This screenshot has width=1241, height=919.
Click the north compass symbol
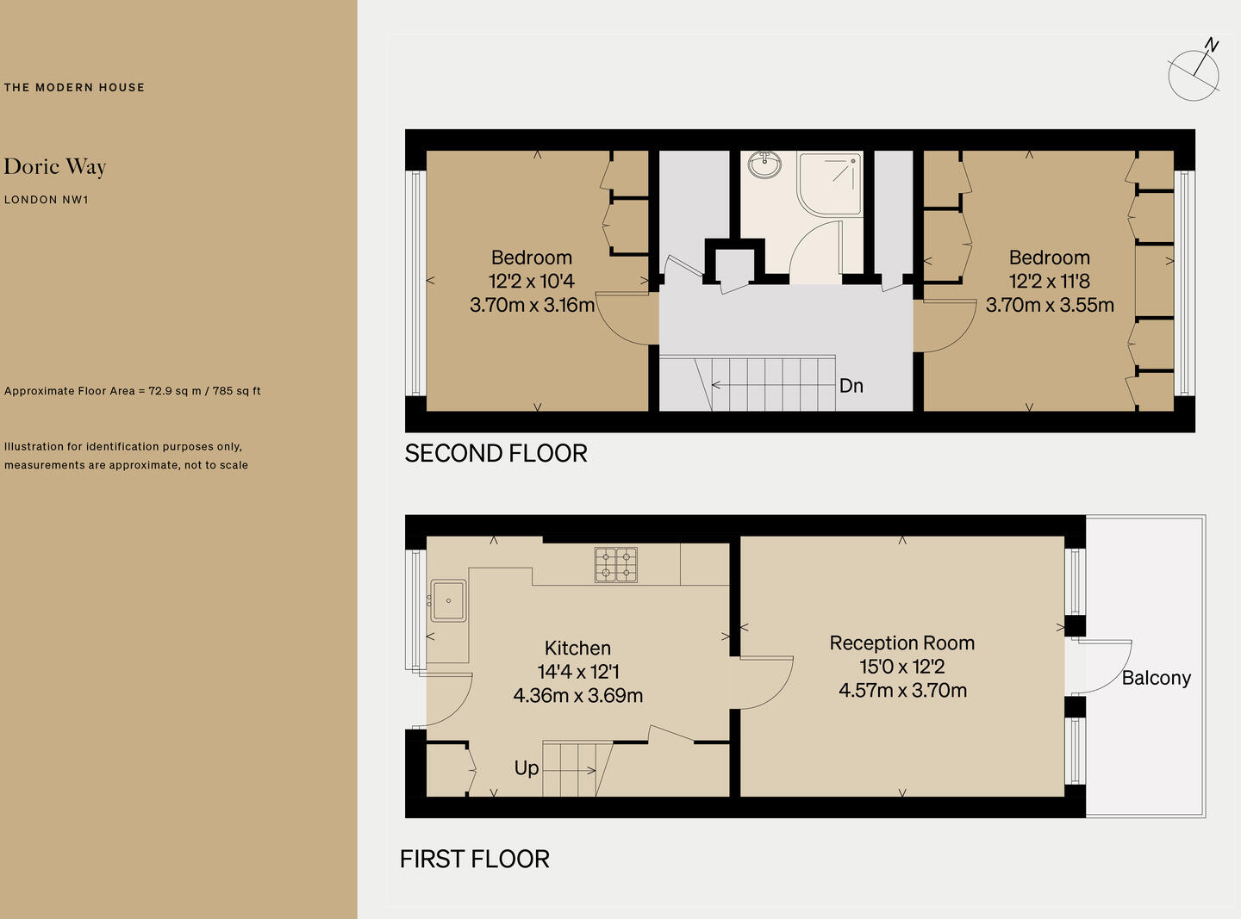pos(1194,73)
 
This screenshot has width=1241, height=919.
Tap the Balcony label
pos(1156,678)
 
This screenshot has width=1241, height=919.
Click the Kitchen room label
pos(577,648)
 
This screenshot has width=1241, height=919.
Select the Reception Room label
pos(901,643)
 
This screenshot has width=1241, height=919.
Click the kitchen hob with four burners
pos(615,564)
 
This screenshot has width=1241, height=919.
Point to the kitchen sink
pos(448,600)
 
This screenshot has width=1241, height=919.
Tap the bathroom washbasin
pos(764,163)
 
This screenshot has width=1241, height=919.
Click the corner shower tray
pos(830,183)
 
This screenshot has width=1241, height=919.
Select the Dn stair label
pos(851,386)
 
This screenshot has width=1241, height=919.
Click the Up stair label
pos(526,767)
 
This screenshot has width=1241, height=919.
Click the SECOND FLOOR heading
pos(496,453)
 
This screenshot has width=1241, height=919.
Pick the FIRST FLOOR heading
pos(474,859)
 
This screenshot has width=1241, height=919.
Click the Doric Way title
pos(55,167)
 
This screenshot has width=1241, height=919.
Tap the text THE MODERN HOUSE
pos(74,87)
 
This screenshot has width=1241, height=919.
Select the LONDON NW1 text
pos(47,200)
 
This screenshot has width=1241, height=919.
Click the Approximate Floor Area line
pos(132,391)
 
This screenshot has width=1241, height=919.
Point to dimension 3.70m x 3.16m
pos(532,305)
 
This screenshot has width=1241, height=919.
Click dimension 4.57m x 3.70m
pos(902,690)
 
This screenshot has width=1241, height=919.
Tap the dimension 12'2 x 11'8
pos(1049,281)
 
